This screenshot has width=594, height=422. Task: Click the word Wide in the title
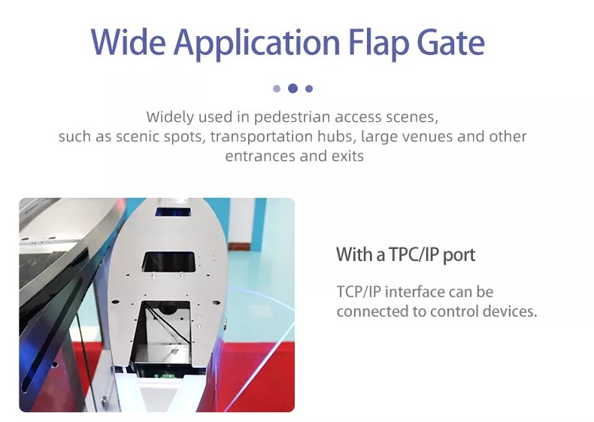pos(128,41)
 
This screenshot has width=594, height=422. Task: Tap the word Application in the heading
pos(257,43)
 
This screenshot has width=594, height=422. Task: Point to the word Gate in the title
pos(451,41)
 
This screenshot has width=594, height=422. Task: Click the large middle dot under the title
pos(292,88)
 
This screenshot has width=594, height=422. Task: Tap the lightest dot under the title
pos(277,89)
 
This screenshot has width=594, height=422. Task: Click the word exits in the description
pos(348,156)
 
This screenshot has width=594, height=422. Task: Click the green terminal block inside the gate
pos(164,376)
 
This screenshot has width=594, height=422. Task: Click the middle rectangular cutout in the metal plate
pos(169,262)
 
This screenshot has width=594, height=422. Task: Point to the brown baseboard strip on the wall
pos(238,247)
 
